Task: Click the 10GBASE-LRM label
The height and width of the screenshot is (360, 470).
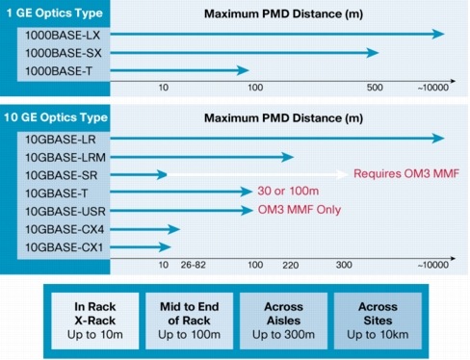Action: [x=60, y=156]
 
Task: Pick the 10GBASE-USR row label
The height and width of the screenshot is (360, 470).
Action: [x=60, y=209]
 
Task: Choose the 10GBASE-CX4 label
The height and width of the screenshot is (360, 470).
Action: [x=60, y=227]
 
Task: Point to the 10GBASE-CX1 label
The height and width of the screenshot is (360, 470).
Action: [x=60, y=245]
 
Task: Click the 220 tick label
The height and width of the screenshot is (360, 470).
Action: [x=291, y=263]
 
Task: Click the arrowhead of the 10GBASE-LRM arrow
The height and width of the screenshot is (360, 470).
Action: [x=289, y=156]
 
